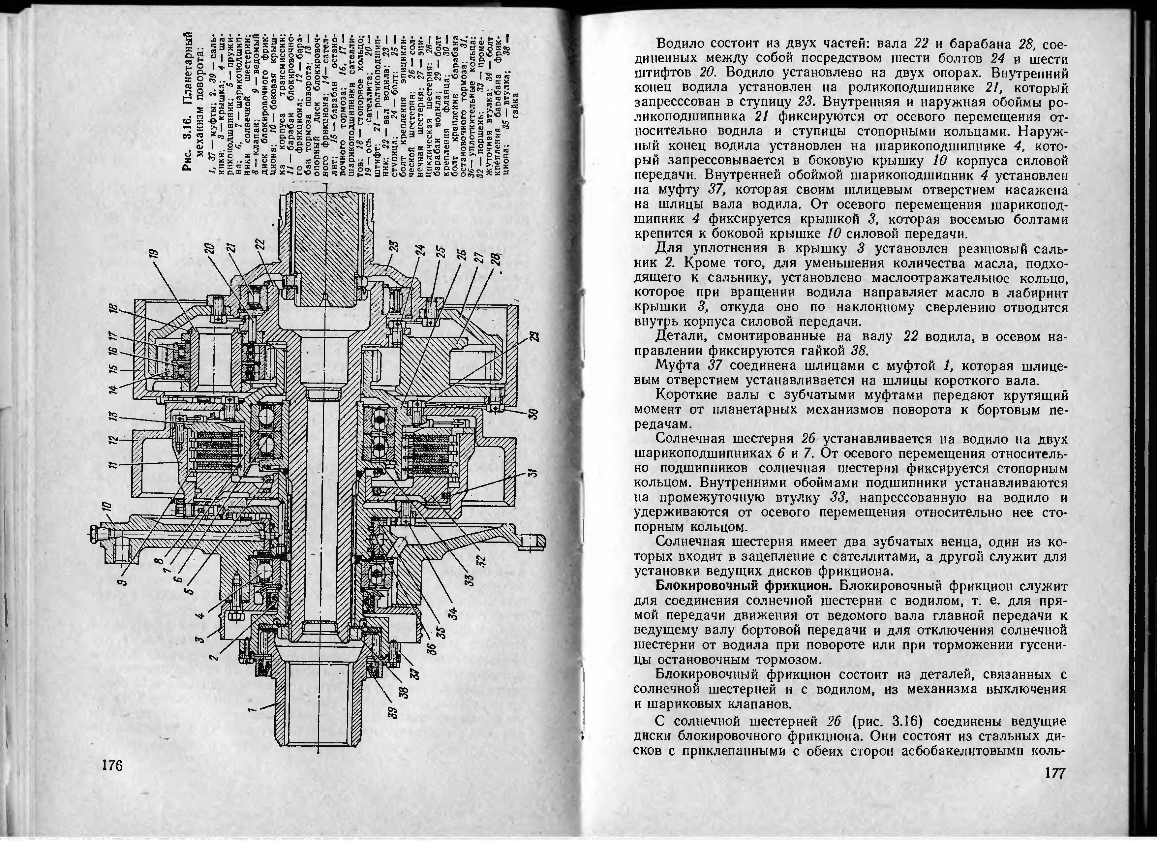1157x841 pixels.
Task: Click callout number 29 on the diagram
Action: click(533, 336)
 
